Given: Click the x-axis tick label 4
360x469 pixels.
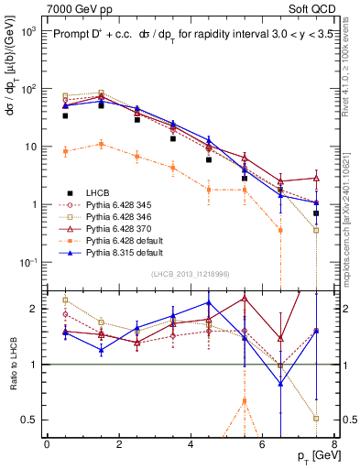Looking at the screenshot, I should (191, 444).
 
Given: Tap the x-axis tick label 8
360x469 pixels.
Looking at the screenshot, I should (333, 444).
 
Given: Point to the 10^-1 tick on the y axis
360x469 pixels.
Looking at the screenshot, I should (27, 263).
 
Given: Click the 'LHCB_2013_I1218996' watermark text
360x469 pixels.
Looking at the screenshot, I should (190, 274).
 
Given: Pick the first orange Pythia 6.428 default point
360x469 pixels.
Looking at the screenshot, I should (65, 151).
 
